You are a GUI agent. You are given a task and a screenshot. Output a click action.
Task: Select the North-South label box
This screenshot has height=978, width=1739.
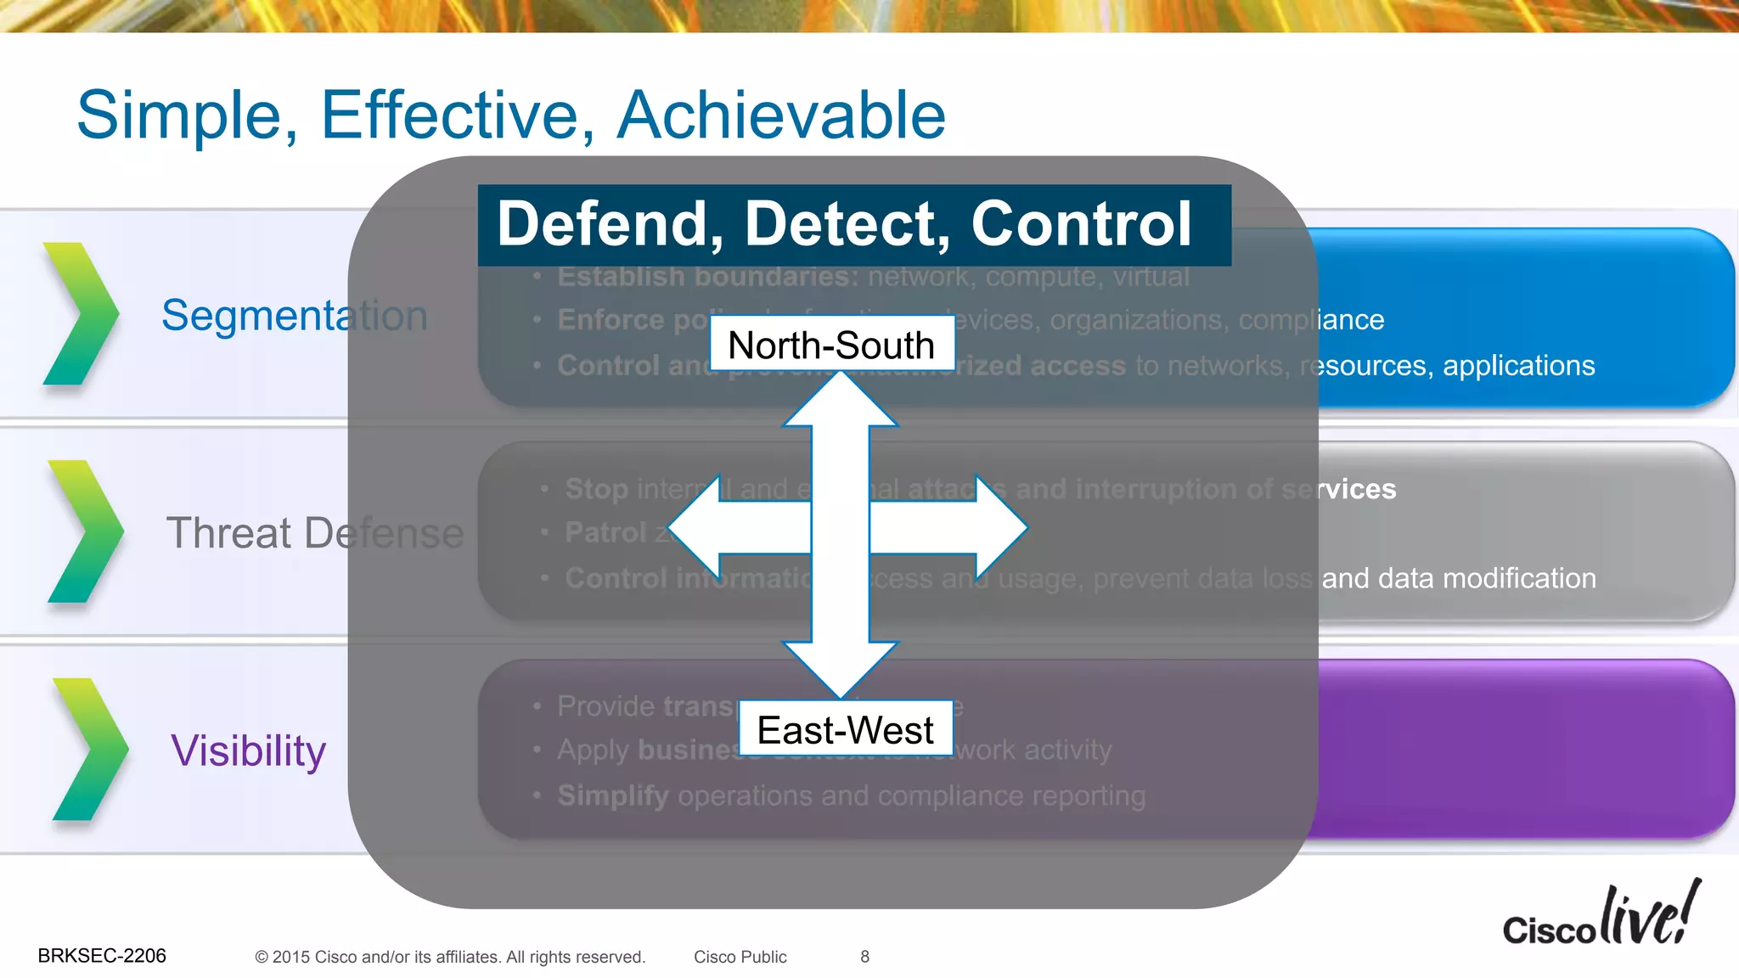coord(831,345)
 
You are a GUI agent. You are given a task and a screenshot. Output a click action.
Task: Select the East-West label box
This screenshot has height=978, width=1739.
coord(845,729)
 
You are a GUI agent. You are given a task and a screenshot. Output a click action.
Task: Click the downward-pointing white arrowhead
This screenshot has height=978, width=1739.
coord(840,669)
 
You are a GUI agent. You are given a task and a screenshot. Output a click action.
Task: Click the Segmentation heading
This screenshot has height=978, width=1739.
coord(294,316)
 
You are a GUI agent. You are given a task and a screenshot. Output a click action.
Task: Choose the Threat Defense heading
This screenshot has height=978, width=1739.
coord(314,533)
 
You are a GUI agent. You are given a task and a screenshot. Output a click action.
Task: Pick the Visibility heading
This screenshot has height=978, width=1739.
coord(248,751)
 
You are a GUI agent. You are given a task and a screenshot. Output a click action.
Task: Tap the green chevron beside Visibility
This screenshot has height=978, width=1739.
coord(89,749)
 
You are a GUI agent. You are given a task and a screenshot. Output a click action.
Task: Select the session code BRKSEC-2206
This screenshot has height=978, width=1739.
coord(102,956)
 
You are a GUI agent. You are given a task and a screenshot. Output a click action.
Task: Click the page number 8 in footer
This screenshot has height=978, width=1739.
coord(864,957)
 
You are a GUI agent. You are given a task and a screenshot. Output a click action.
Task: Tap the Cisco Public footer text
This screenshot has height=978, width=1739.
coord(740,957)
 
